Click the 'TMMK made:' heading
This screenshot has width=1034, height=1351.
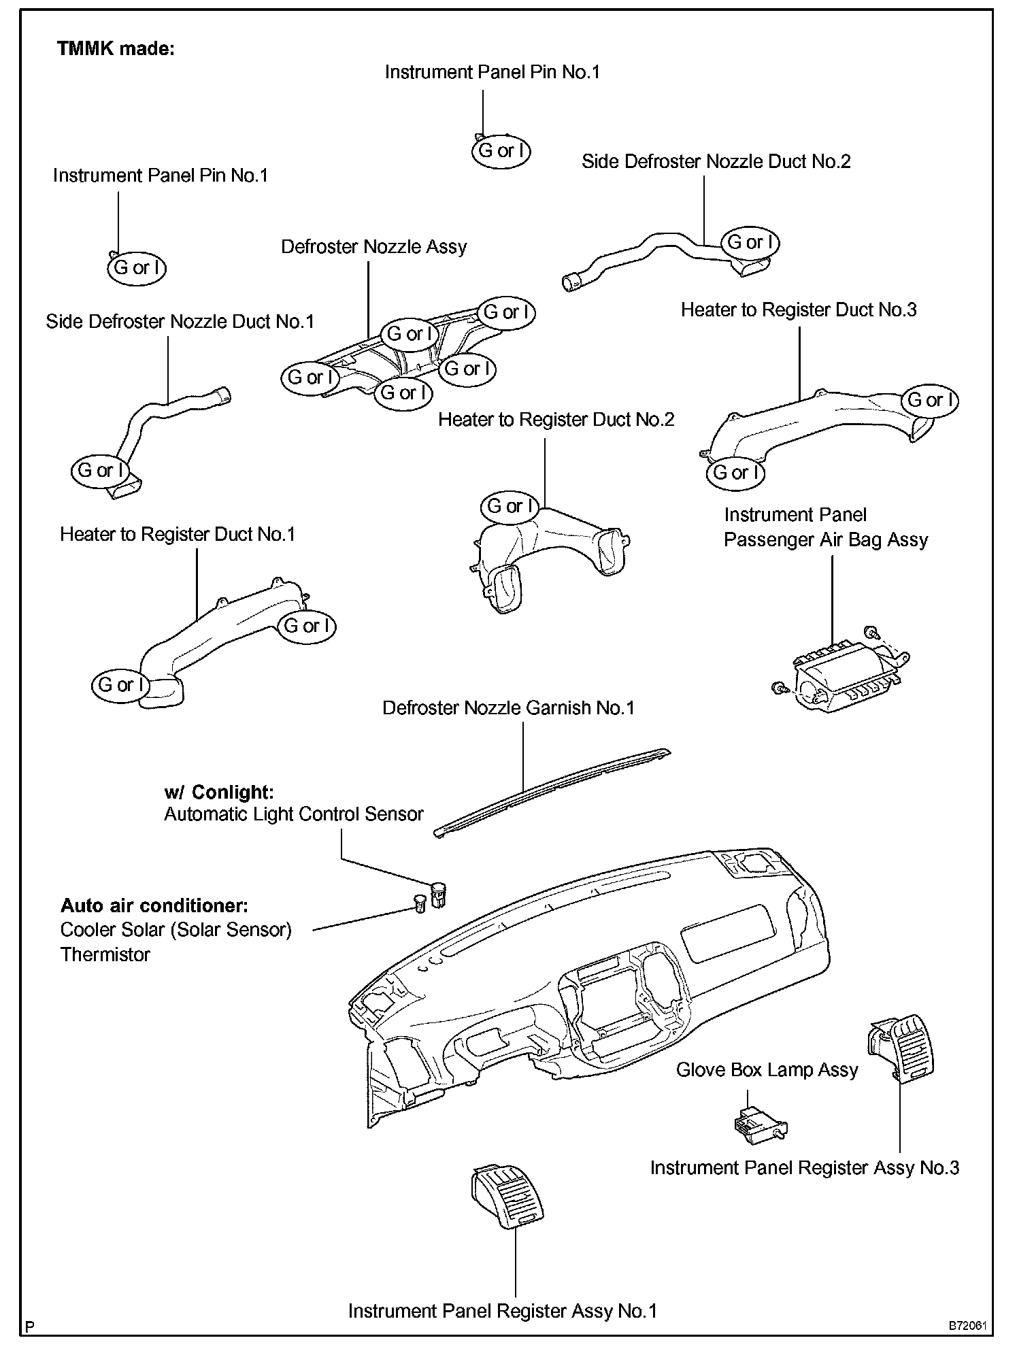[x=116, y=49]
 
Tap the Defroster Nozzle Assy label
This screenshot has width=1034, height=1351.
[x=373, y=246]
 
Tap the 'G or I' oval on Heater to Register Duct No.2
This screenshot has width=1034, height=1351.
[x=510, y=506]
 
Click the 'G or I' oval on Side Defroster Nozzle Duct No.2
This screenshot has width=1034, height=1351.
[x=750, y=242]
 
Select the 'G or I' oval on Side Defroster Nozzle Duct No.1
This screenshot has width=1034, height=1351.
[x=100, y=470]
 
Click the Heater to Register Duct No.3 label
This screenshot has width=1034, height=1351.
[x=799, y=310]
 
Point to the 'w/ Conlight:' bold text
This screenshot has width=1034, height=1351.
[x=218, y=792]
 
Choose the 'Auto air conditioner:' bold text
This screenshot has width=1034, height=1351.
[x=154, y=905]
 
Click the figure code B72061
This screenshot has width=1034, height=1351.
[x=968, y=1327]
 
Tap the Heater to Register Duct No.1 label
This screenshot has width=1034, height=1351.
[x=178, y=534]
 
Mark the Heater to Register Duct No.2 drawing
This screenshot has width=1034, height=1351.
[x=544, y=558]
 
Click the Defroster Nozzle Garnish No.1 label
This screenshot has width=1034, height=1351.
[x=508, y=708]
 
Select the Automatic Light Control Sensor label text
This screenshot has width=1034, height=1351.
[x=293, y=814]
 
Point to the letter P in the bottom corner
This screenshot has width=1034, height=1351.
[x=29, y=1327]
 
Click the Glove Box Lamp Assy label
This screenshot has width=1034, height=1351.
[x=767, y=1070]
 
